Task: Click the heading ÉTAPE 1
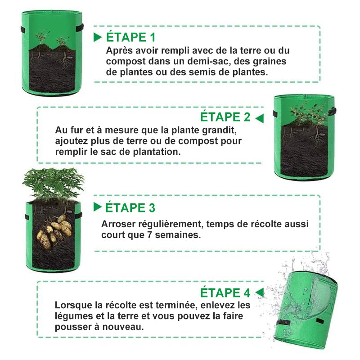[x=130, y=37]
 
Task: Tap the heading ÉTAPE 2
[x=225, y=117]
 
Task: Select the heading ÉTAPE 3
[x=130, y=207]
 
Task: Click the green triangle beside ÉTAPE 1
[x=97, y=37]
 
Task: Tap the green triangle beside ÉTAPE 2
[x=260, y=118]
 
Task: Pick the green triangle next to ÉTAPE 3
[x=97, y=207]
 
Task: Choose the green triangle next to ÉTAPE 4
[x=260, y=292]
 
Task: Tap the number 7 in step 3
[x=149, y=235]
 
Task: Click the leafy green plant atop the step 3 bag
[x=53, y=183]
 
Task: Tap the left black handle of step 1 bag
[x=23, y=29]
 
